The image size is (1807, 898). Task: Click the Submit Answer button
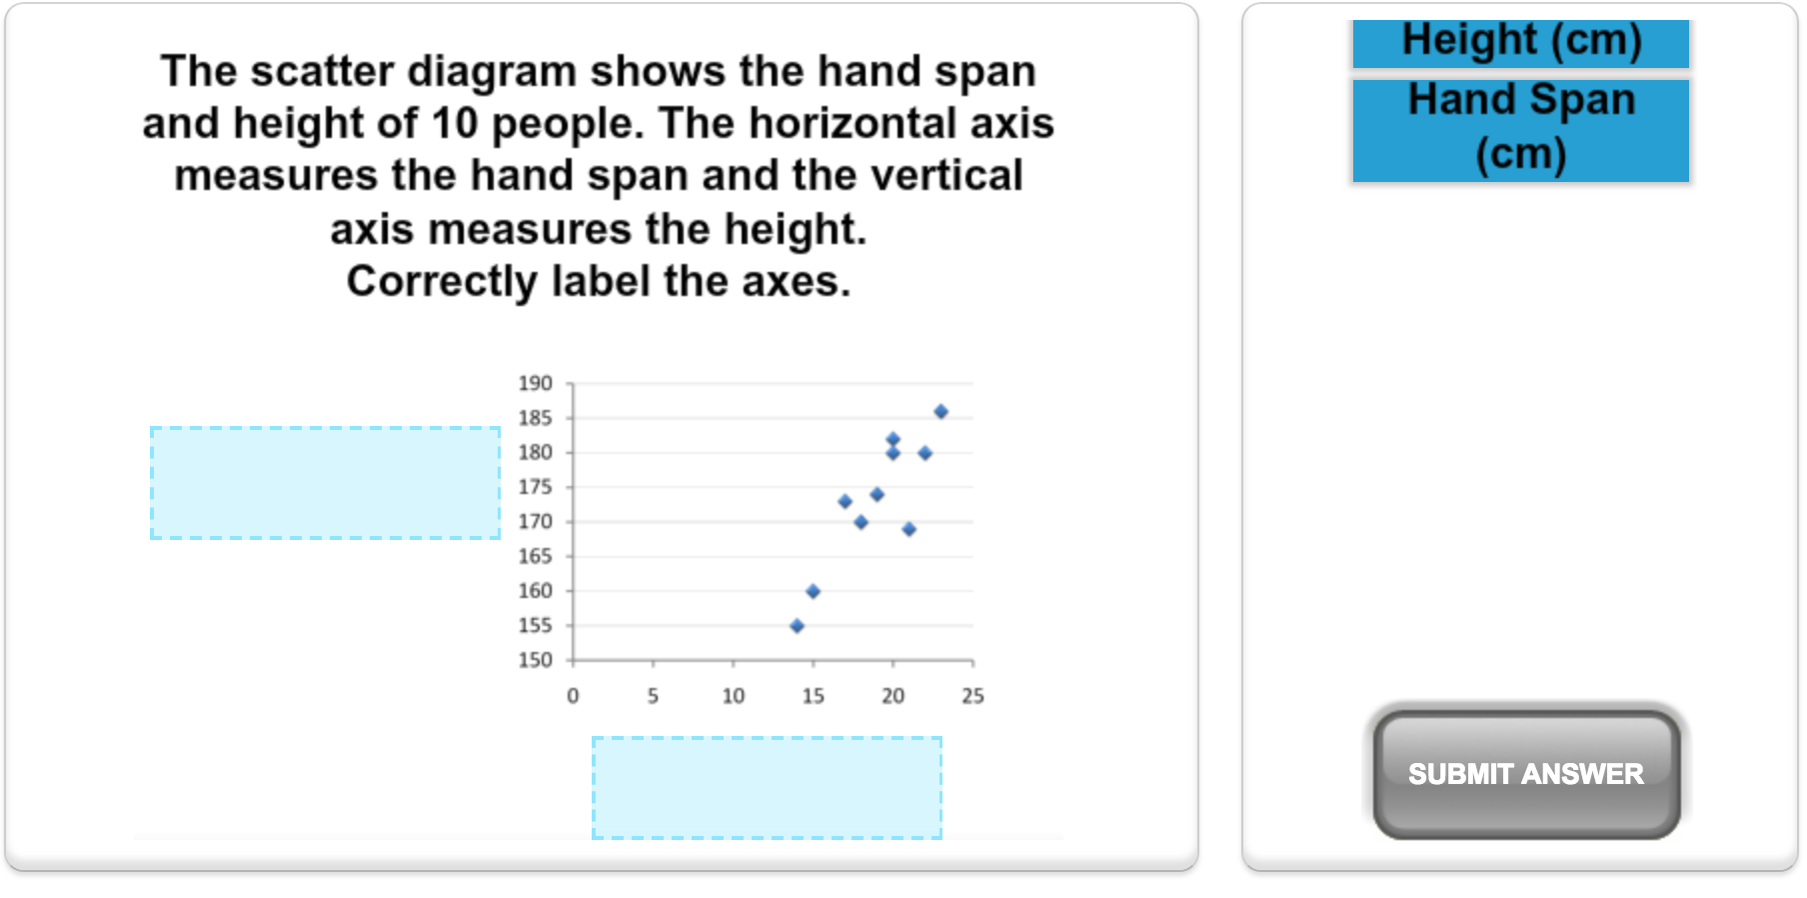[x=1526, y=774]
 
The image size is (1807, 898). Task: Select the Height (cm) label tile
[x=1521, y=43]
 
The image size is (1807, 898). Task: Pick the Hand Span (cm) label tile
[x=1521, y=130]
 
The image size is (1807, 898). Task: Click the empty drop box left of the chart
[x=326, y=483]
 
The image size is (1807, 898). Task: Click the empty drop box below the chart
[x=767, y=788]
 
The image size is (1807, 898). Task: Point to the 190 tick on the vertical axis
[x=535, y=383]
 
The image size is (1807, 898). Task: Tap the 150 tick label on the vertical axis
[x=535, y=660]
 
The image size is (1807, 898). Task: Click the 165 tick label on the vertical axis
[x=535, y=556]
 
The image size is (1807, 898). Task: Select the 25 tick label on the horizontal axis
[x=972, y=696]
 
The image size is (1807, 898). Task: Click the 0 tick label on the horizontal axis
[x=573, y=696]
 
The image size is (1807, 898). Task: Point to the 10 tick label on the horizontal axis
[x=734, y=696]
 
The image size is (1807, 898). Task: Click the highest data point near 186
[x=940, y=411]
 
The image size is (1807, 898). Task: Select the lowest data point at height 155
[x=797, y=626]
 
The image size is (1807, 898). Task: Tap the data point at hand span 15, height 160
[x=813, y=591]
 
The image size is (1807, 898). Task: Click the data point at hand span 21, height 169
[x=908, y=529]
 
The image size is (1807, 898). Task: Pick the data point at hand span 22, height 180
[x=924, y=453]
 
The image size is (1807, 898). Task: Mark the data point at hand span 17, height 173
[x=845, y=501]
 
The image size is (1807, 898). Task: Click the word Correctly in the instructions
[x=442, y=282]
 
